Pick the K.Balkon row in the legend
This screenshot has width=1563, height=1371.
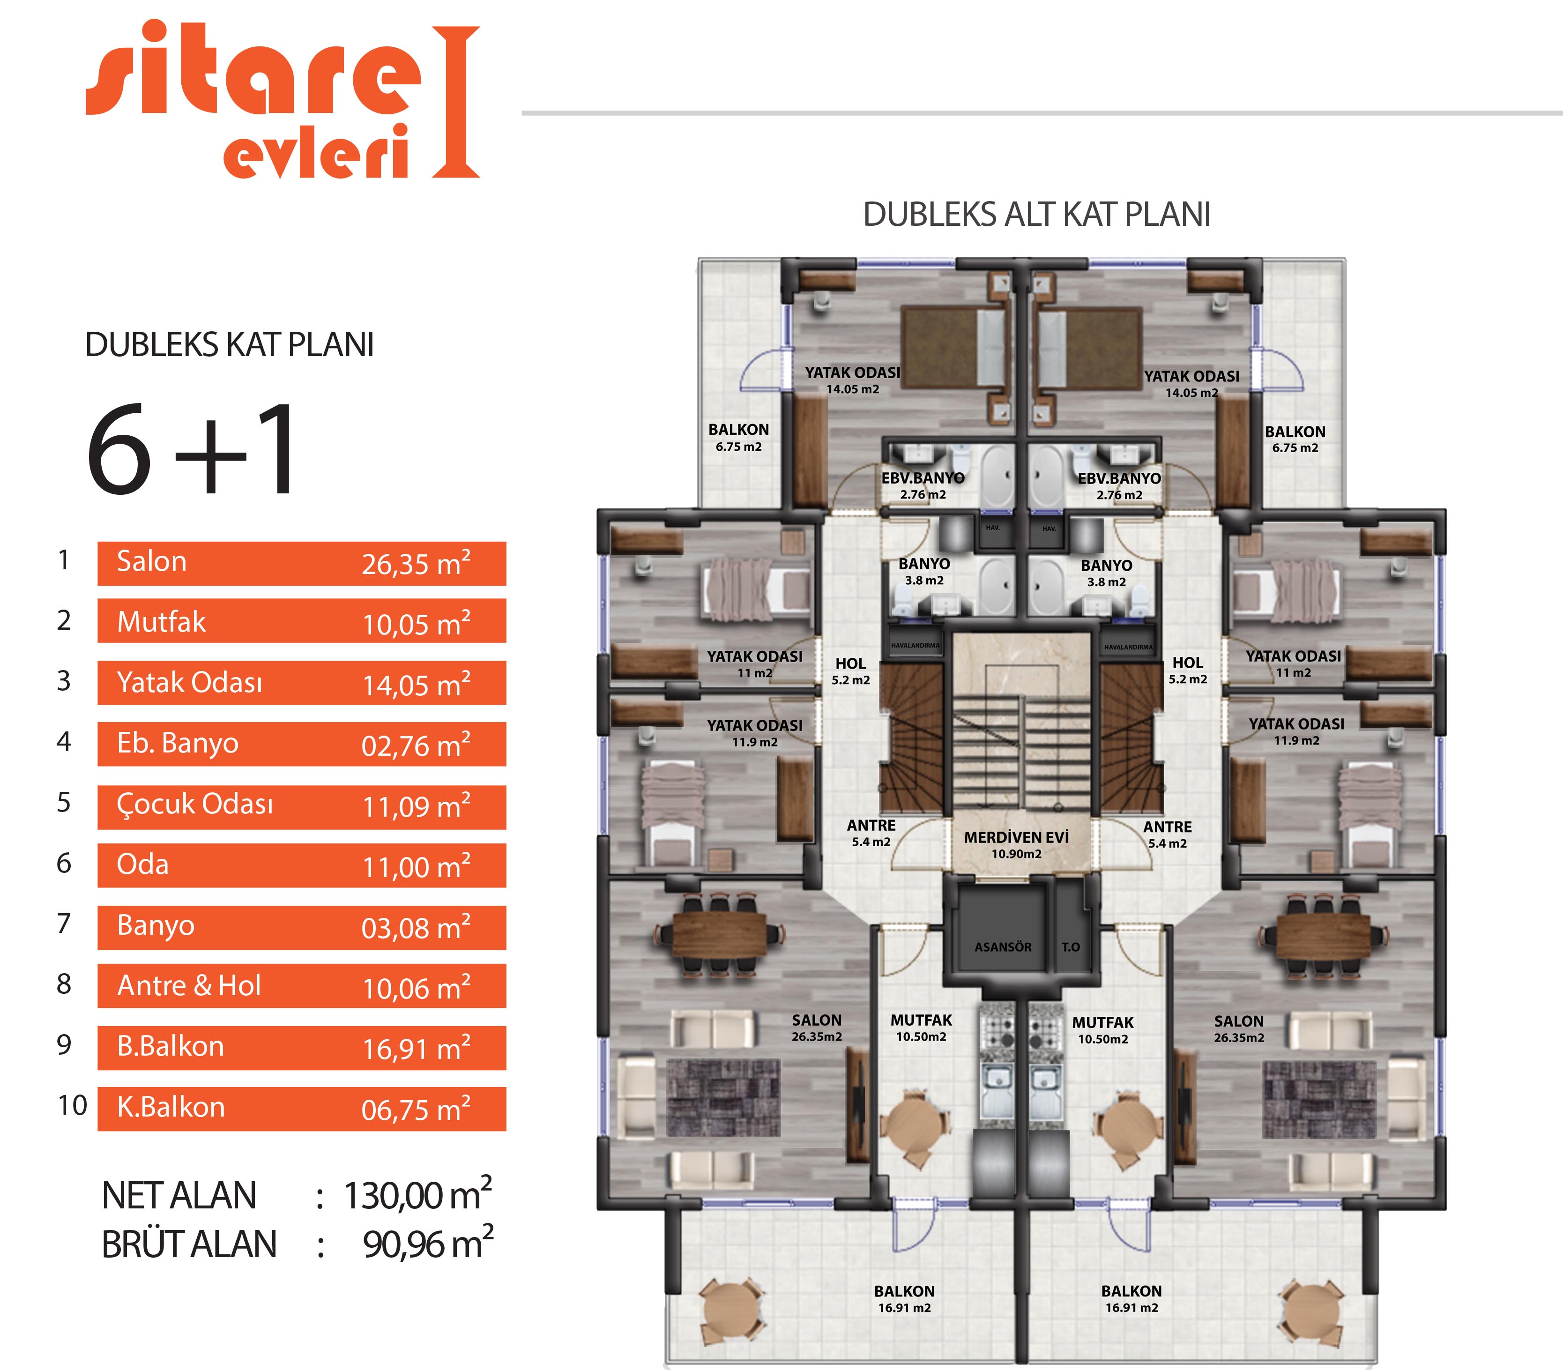[x=301, y=1109]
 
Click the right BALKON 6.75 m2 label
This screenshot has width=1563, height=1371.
[x=1295, y=440]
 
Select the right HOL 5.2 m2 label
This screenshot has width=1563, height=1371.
[x=1188, y=671]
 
